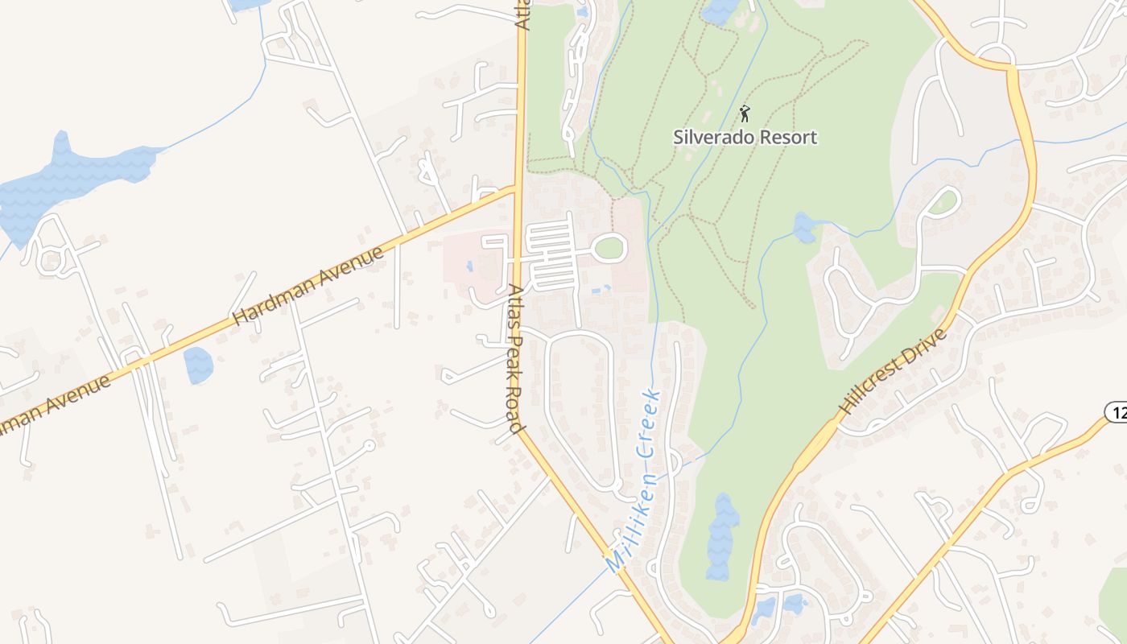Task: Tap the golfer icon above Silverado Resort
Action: [x=745, y=113]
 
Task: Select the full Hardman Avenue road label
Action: [x=308, y=286]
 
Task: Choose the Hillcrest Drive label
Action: [x=893, y=371]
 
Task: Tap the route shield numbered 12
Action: [x=1116, y=412]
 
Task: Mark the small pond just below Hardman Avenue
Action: [x=198, y=365]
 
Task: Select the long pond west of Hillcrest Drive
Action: [x=722, y=535]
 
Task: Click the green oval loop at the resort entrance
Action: [x=609, y=248]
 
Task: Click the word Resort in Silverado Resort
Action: [x=788, y=138]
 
